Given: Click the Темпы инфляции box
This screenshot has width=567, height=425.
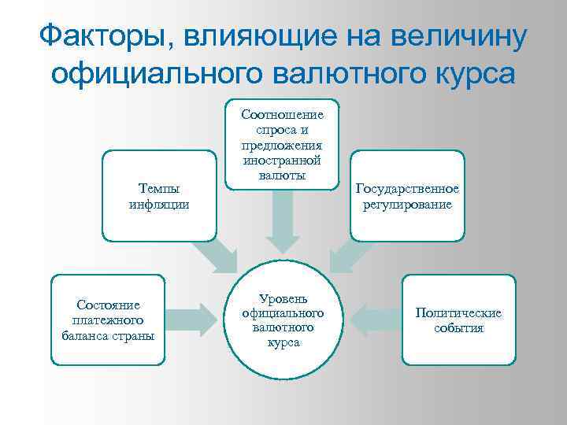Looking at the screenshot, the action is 159,196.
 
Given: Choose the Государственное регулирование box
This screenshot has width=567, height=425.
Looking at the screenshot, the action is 407,196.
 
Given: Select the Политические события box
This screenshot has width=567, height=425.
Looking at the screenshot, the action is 458,320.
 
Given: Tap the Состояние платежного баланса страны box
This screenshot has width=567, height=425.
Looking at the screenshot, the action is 108,320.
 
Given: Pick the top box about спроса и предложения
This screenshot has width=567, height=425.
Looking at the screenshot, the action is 282,145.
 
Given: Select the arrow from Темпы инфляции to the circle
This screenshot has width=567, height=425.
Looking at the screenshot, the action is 217,254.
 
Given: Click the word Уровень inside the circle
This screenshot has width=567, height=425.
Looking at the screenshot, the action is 283,300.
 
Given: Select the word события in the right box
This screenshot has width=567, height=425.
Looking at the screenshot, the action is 458,327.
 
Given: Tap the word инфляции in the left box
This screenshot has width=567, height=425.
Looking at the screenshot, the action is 158,205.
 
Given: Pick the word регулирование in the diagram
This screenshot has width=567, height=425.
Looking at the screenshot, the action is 407,205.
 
